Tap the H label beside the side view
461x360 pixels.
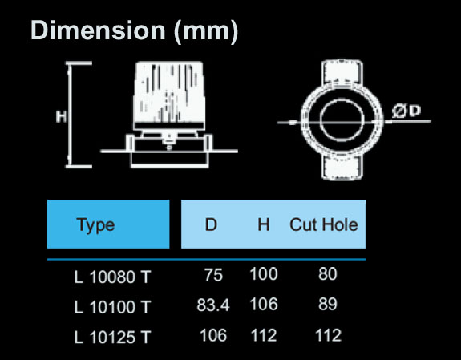[60, 116]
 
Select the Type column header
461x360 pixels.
[95, 225]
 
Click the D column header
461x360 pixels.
[211, 225]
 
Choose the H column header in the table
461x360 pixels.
[263, 225]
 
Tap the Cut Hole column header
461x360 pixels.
[323, 225]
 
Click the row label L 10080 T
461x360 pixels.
[112, 277]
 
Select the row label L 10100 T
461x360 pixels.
[112, 306]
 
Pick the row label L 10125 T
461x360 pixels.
[112, 337]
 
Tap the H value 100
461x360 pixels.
[263, 275]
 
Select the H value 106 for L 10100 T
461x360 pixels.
[263, 305]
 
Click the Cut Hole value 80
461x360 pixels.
[327, 275]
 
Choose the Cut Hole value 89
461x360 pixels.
[327, 305]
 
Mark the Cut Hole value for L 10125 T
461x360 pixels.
[327, 335]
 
